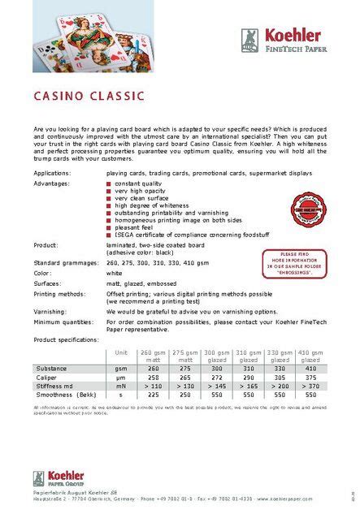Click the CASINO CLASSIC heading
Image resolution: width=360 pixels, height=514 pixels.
[x=89, y=96]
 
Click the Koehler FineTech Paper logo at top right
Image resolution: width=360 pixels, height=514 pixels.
[x=282, y=40]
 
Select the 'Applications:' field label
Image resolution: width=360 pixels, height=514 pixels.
[x=52, y=173]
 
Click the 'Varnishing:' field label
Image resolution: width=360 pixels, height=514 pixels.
[x=50, y=311]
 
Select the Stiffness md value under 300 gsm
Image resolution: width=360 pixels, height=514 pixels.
[x=216, y=387]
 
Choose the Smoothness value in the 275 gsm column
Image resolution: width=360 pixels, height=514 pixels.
[x=184, y=395]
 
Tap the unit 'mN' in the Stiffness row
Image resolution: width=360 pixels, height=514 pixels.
[x=121, y=387]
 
